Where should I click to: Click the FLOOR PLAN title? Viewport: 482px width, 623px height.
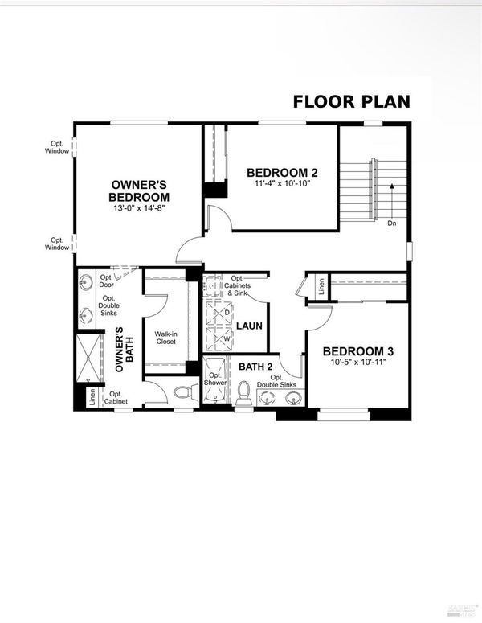(351, 102)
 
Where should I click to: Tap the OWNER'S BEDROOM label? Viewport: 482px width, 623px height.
(139, 191)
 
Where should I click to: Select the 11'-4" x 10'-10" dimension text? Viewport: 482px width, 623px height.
(282, 183)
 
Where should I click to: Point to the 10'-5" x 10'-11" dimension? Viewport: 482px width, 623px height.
(358, 362)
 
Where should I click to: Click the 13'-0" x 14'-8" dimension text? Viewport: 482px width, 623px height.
(139, 207)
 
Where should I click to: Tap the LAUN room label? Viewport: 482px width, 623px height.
(249, 326)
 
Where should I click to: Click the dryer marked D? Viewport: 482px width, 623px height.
(219, 313)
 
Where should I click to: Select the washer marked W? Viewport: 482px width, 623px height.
(219, 339)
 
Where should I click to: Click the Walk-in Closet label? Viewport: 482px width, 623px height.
(166, 338)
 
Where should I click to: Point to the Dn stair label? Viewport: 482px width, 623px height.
(392, 223)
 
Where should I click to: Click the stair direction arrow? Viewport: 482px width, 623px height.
(392, 201)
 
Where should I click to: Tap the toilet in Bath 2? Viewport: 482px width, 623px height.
(243, 392)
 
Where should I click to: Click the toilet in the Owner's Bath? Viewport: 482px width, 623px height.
(186, 392)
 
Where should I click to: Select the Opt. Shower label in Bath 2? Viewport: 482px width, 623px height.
(215, 379)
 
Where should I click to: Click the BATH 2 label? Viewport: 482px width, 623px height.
(255, 367)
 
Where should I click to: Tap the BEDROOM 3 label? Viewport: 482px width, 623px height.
(358, 351)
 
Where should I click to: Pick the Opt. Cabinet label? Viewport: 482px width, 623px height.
(116, 398)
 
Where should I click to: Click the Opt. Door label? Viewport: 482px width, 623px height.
(106, 281)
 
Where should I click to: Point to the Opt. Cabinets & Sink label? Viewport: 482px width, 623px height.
(238, 285)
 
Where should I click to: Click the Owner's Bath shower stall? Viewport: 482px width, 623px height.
(88, 359)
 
